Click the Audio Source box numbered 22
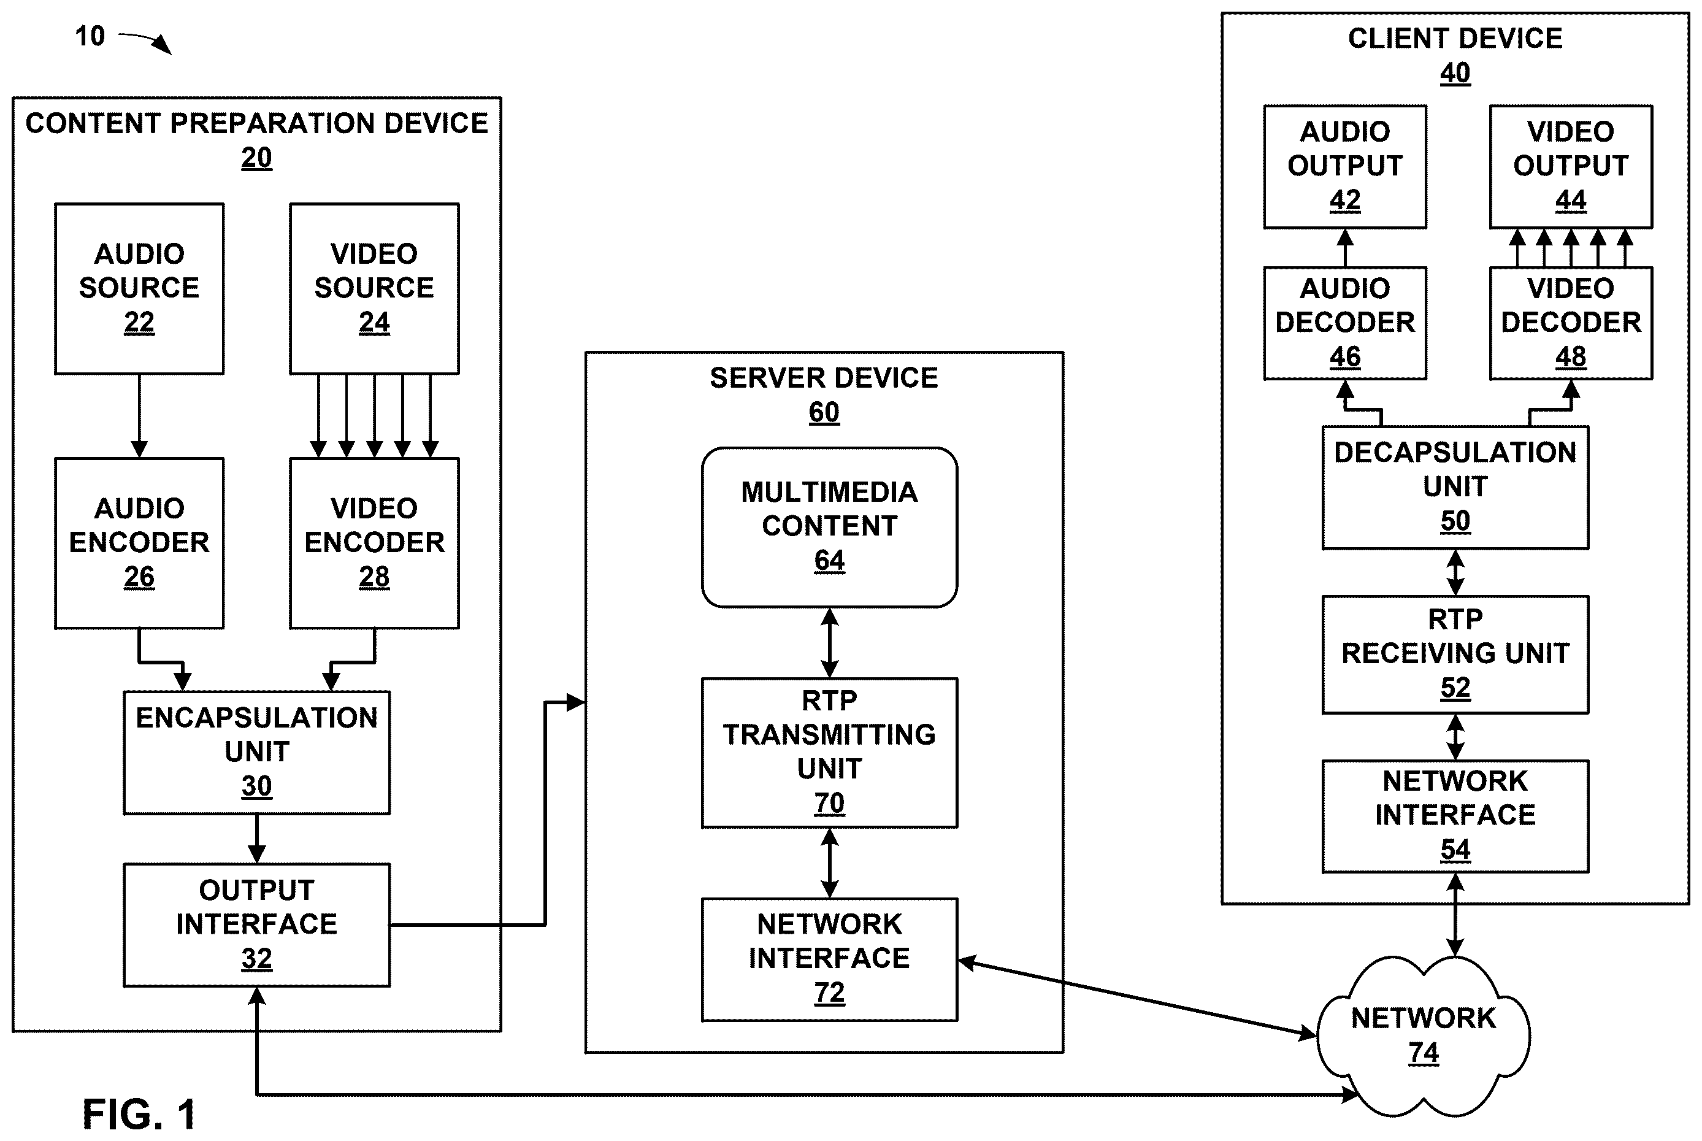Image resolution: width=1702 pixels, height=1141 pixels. click(139, 289)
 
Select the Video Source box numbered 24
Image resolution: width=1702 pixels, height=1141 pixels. click(375, 289)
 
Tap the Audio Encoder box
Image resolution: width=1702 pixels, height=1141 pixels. click(139, 543)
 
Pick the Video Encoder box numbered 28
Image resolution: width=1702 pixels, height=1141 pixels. click(375, 543)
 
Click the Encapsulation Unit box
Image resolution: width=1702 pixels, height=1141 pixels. click(257, 753)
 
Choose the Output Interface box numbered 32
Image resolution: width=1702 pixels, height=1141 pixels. click(257, 925)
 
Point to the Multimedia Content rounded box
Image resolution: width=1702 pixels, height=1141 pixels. click(829, 528)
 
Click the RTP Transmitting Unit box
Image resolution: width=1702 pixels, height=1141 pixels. click(829, 753)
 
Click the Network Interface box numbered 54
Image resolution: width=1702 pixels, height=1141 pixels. click(1455, 816)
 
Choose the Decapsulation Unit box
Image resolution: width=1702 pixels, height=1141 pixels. click(1455, 488)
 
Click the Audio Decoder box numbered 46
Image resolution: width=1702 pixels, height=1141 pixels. click(1345, 323)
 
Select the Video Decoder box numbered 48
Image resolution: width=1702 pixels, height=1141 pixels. click(1571, 323)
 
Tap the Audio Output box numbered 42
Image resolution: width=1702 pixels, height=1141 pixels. click(1345, 167)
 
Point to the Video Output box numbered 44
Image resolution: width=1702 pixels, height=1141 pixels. click(1571, 167)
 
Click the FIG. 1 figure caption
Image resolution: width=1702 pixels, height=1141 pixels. click(139, 1113)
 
